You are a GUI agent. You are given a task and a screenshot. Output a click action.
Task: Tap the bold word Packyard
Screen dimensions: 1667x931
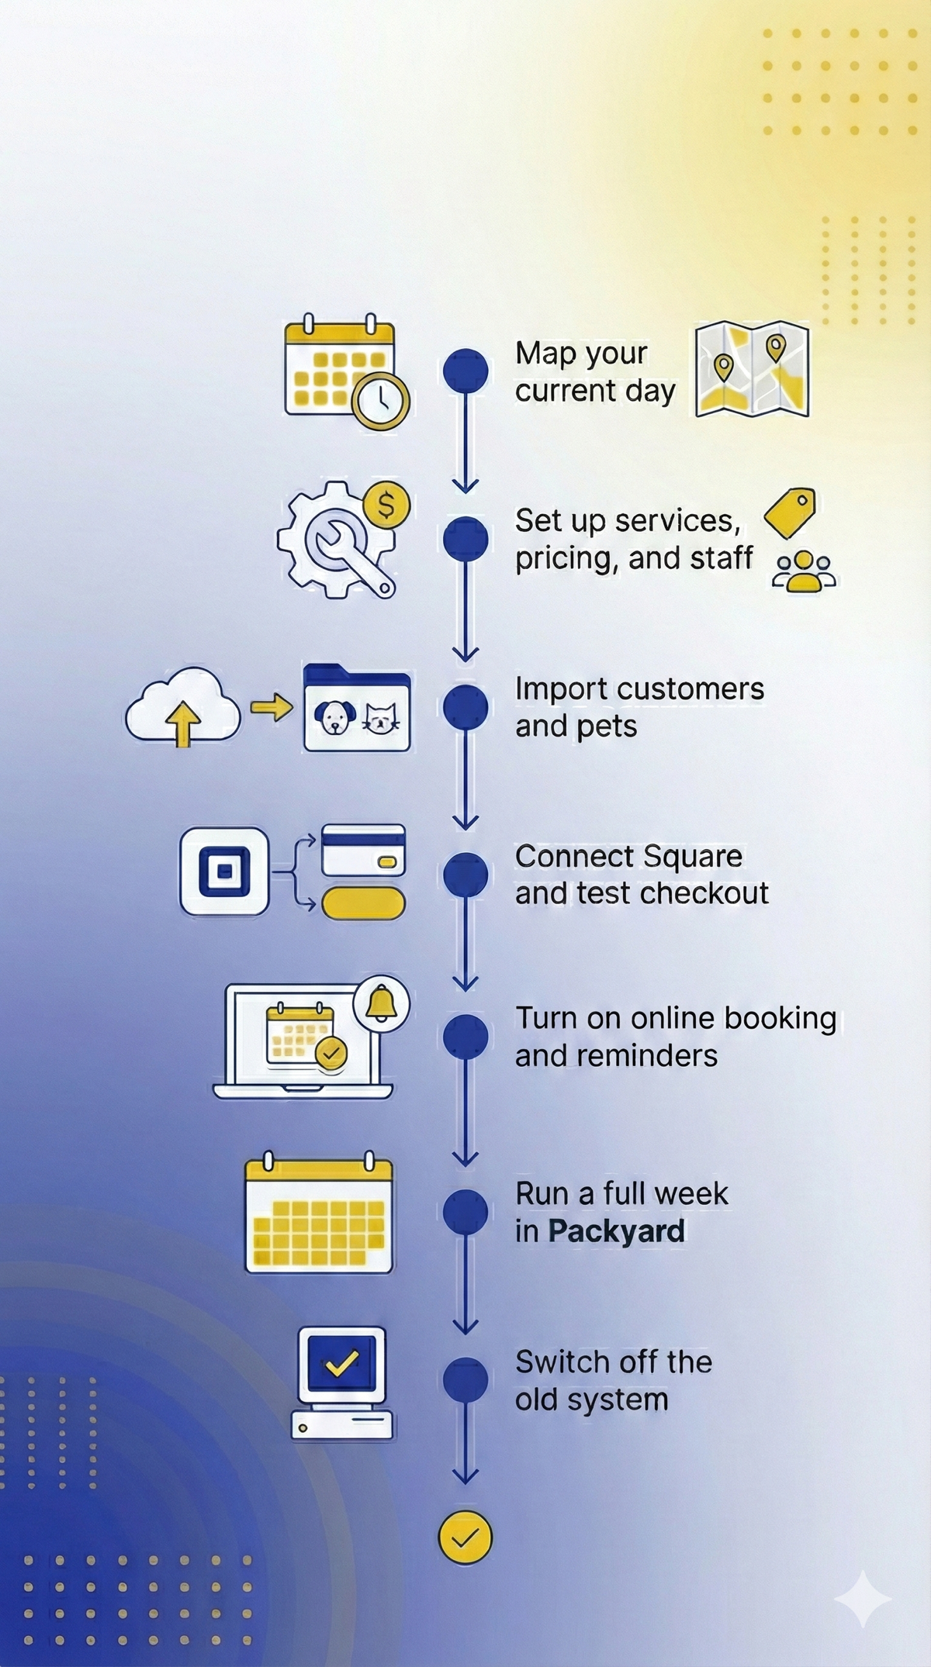click(617, 1231)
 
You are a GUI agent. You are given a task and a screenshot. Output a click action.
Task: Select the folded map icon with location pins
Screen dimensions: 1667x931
click(752, 370)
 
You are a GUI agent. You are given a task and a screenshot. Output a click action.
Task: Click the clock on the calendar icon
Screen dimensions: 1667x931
click(380, 401)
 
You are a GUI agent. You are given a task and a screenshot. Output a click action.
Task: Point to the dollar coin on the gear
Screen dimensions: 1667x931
click(386, 506)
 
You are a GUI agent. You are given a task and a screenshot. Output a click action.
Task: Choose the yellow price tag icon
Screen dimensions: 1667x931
click(791, 513)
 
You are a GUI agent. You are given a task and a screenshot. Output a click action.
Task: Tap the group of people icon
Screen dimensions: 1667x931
click(804, 572)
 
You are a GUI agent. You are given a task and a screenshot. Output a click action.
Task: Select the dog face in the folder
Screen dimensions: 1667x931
click(334, 716)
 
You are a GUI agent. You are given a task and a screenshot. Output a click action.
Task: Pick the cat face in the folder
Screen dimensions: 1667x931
click(380, 717)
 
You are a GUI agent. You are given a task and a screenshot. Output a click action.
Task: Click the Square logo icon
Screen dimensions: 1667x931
click(224, 871)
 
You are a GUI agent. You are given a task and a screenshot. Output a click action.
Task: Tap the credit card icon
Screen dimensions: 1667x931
click(363, 850)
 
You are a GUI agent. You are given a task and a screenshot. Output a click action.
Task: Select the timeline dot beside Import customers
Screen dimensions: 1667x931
click(465, 707)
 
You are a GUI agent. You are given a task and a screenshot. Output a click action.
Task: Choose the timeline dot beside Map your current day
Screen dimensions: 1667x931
click(465, 370)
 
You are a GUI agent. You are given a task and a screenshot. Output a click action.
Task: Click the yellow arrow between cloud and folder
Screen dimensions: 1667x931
click(272, 707)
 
